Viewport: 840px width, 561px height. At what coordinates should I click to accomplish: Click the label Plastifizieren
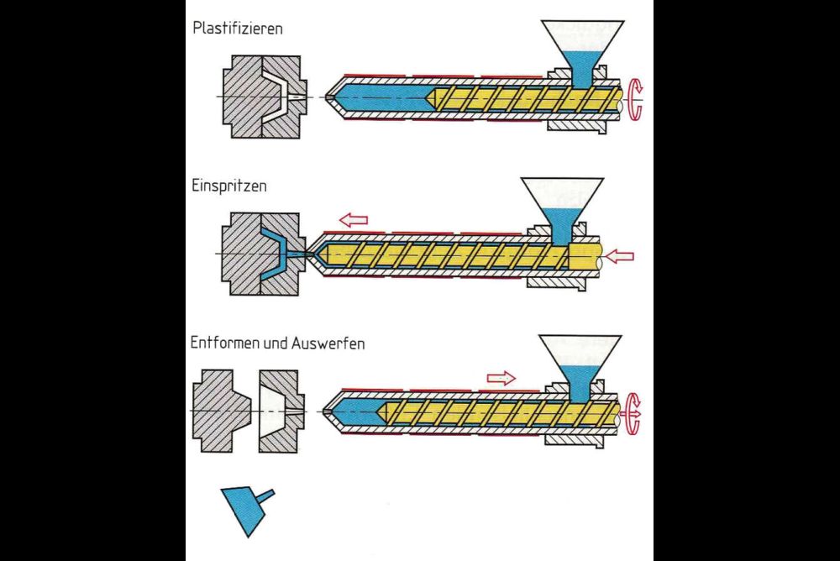tap(238, 28)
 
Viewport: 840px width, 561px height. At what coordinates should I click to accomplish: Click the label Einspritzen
tap(229, 186)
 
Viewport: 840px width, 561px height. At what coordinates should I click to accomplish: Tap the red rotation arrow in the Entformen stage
tap(633, 414)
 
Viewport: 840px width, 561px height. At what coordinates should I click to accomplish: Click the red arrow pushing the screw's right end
tap(619, 255)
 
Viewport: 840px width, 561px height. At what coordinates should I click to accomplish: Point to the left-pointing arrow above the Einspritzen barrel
tap(354, 220)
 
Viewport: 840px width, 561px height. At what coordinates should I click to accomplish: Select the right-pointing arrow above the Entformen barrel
tap(501, 377)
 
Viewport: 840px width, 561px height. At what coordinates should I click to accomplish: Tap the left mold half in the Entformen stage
tap(220, 411)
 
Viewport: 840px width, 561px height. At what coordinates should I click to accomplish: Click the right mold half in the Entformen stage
tap(281, 411)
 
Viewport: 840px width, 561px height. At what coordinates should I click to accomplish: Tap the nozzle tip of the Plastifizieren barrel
tap(328, 97)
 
